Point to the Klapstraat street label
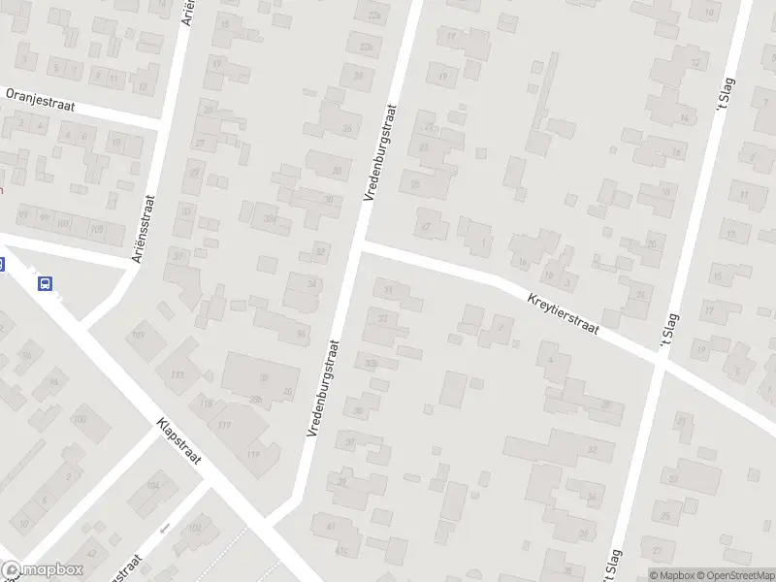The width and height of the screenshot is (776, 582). [x=178, y=440]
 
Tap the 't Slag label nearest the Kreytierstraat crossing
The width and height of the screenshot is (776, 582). [x=666, y=339]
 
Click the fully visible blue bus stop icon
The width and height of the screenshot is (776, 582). [x=45, y=283]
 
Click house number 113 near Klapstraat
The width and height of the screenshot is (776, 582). [x=177, y=374]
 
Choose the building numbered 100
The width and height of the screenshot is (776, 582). [x=79, y=420]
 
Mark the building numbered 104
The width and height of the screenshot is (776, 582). [x=152, y=485]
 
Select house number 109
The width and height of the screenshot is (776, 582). [x=139, y=335]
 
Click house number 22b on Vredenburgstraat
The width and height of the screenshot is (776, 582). [x=366, y=46]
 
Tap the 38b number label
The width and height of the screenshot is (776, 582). [x=256, y=399]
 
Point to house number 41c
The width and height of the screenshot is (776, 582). [x=340, y=550]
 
